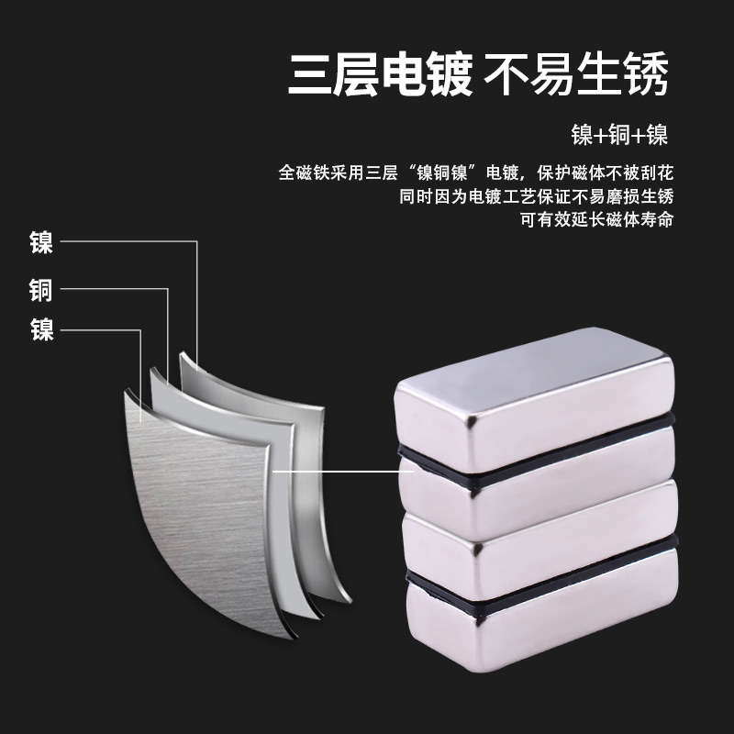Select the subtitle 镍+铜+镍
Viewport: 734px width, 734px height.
coord(618,136)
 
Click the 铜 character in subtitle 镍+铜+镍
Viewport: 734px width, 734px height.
coord(618,136)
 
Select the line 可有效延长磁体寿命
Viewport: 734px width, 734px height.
coord(596,220)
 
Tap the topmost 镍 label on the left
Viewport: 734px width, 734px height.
coord(40,242)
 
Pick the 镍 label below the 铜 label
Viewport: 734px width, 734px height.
coord(40,328)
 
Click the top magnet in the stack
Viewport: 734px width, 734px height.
coord(537,390)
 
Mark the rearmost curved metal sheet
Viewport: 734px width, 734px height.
coord(266,395)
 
